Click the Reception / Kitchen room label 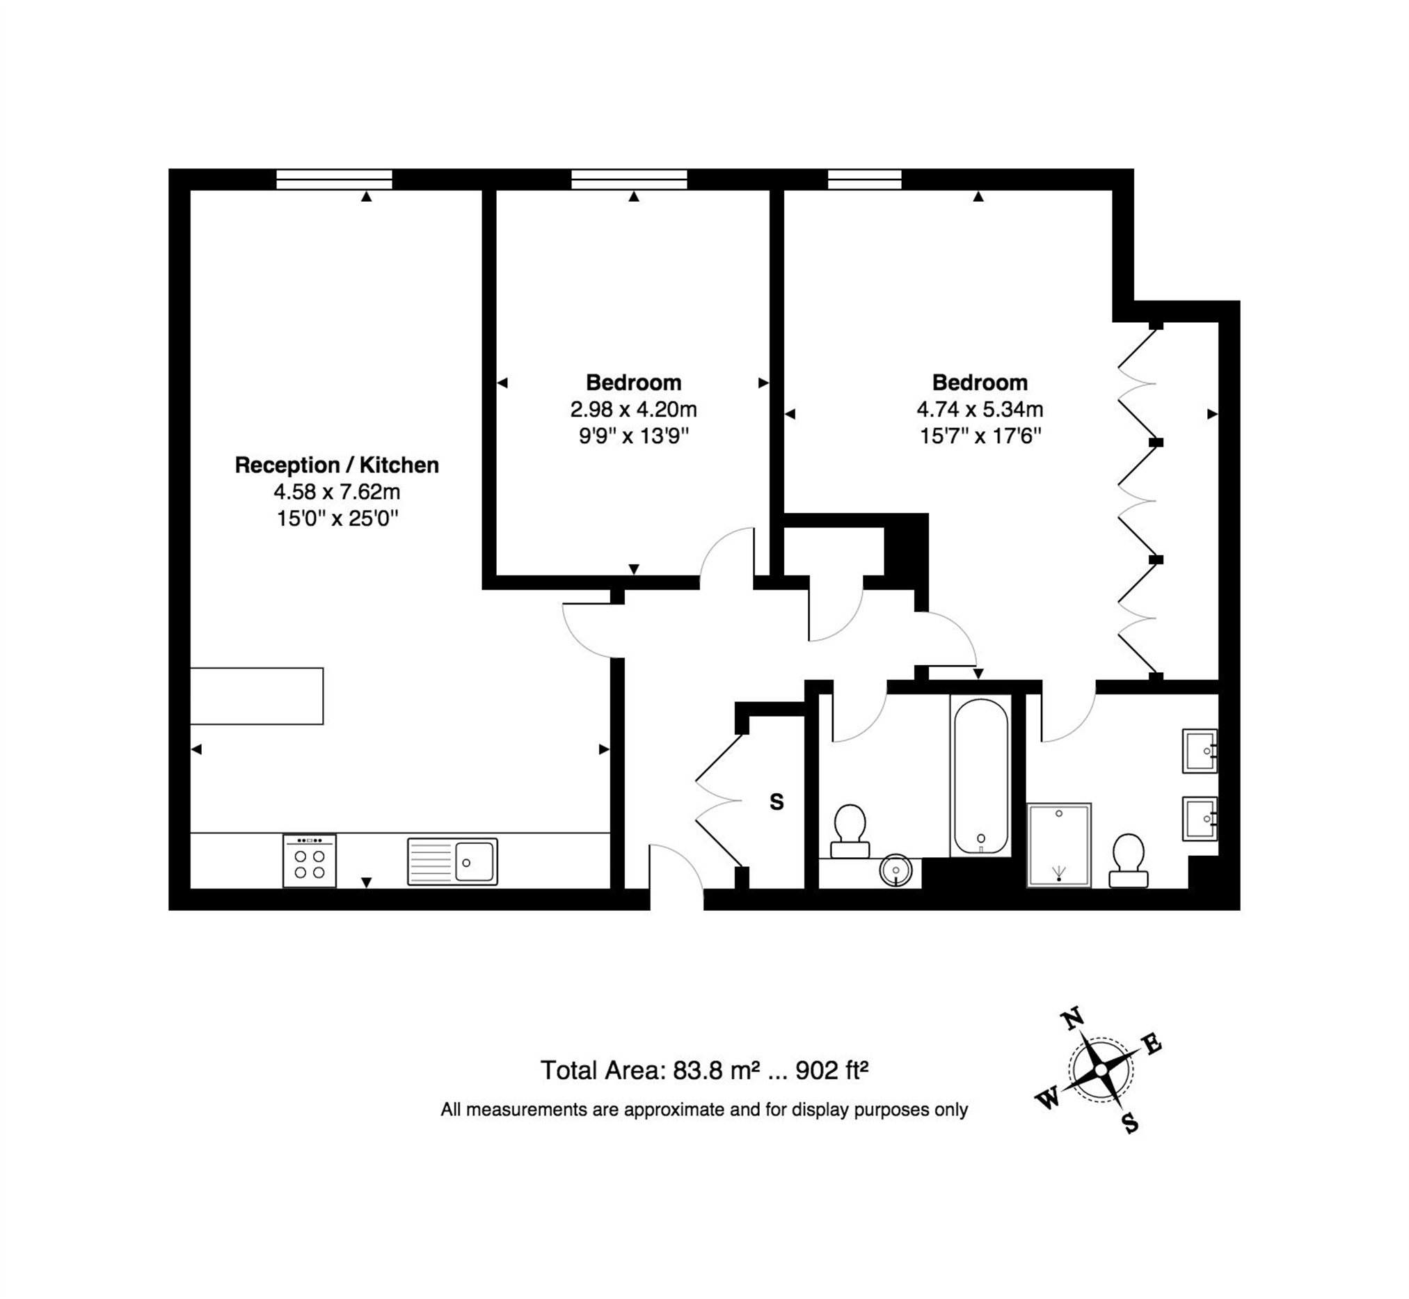tap(336, 465)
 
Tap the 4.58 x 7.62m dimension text tap(336, 491)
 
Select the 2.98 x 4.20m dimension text tap(632, 409)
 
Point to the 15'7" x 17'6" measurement tap(980, 436)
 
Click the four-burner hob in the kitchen tap(310, 861)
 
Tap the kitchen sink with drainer tap(452, 861)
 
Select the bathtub tap(980, 775)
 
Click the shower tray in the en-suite tap(1058, 844)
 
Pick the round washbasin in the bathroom tap(895, 870)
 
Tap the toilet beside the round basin tap(850, 830)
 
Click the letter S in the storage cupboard tap(777, 802)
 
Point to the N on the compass tap(1072, 1019)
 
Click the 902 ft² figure tap(831, 1070)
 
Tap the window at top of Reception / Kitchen tap(334, 180)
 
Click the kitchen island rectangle tap(257, 696)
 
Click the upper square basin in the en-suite tap(1200, 751)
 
